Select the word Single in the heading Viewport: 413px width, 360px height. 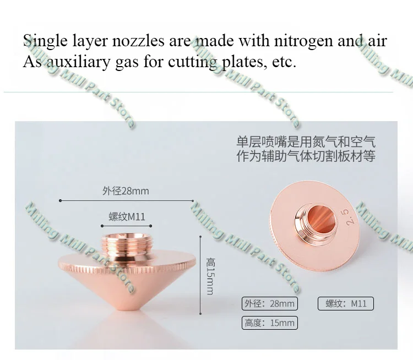pyautogui.click(x=46, y=42)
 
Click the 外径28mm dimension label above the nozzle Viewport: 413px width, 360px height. pyautogui.click(x=126, y=192)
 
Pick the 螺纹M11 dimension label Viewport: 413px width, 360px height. pyautogui.click(x=127, y=217)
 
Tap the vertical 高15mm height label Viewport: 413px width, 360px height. pyautogui.click(x=210, y=276)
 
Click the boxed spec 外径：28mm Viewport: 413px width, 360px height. pyautogui.click(x=270, y=303)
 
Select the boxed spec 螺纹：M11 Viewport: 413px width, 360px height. pyautogui.click(x=346, y=303)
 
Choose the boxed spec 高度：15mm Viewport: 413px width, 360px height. pyautogui.click(x=270, y=323)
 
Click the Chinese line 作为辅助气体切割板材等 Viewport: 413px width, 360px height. pyautogui.click(x=306, y=157)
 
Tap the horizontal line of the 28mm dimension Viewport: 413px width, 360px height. pyautogui.click(x=83, y=201)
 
